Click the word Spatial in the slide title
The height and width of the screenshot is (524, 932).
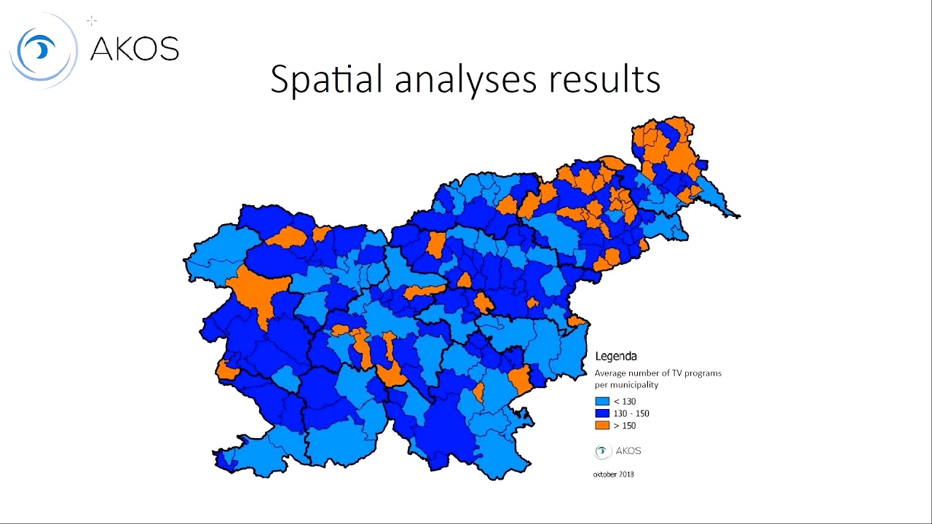[x=326, y=79]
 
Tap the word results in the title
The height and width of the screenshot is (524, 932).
[x=604, y=79]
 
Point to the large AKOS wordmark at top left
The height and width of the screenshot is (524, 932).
[x=134, y=49]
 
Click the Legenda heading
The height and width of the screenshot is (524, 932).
[x=616, y=357]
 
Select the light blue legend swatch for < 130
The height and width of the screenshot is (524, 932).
[x=602, y=402]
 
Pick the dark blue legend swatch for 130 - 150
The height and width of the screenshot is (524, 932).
[x=602, y=413]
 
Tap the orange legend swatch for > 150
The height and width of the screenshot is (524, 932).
[x=602, y=426]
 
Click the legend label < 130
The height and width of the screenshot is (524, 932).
[x=625, y=402]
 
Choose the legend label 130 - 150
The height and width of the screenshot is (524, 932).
[x=631, y=413]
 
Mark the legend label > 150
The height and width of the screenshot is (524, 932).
[x=625, y=426]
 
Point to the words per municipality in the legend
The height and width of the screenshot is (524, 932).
[x=626, y=384]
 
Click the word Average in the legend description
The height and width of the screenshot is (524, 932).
[x=611, y=373]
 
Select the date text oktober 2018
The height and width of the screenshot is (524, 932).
[x=613, y=475]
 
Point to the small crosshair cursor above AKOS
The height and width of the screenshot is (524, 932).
[x=92, y=21]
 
